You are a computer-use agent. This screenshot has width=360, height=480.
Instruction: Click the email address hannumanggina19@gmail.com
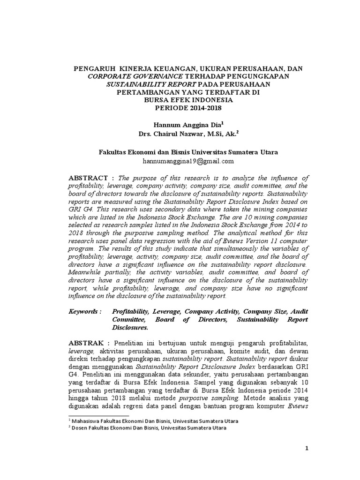point(188,161)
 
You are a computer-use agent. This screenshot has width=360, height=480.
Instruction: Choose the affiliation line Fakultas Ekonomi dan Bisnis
point(188,152)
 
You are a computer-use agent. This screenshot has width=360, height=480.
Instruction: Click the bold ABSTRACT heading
point(89,178)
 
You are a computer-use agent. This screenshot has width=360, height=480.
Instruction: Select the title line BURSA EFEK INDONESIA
point(188,100)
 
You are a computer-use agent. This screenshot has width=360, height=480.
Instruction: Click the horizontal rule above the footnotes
point(98,415)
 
